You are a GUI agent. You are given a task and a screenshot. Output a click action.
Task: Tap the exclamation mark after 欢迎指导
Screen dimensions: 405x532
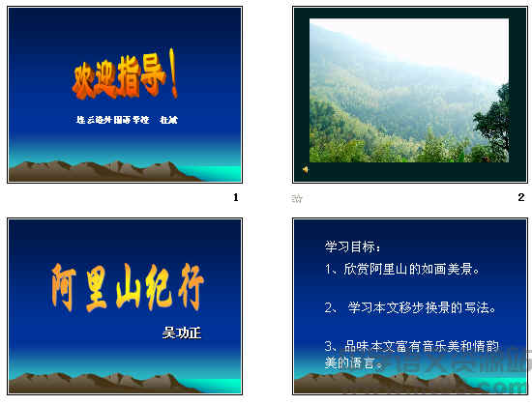pyautogui.click(x=173, y=79)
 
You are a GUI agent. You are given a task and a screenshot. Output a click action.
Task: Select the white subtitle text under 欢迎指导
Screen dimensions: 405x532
pyautogui.click(x=127, y=121)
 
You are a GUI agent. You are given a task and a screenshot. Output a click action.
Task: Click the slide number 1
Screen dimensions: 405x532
pyautogui.click(x=234, y=197)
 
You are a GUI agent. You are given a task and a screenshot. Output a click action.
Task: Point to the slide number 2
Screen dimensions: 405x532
pyautogui.click(x=520, y=197)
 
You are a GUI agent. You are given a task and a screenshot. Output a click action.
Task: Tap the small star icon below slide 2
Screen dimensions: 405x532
pyautogui.click(x=297, y=198)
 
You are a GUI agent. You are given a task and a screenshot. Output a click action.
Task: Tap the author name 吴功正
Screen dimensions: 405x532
pyautogui.click(x=188, y=333)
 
